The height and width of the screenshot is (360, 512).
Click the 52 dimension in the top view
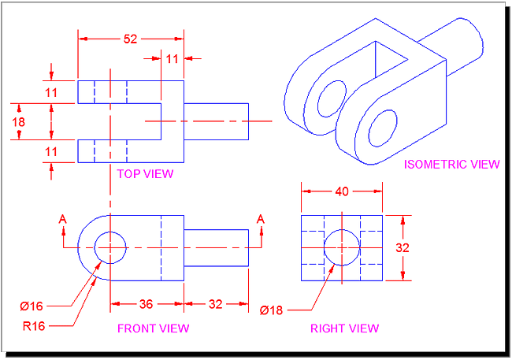[x=131, y=38]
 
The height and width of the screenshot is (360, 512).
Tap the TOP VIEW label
[x=145, y=173]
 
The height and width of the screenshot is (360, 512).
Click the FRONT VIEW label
[x=153, y=328]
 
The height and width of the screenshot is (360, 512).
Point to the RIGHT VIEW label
[x=344, y=328]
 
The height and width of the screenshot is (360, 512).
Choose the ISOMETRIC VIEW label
[x=451, y=164]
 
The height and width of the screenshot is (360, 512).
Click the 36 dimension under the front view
[x=147, y=303]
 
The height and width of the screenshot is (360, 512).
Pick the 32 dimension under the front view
[x=216, y=303]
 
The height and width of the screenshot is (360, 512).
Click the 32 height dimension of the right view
[x=403, y=247]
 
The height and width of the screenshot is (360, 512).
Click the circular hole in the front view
[x=110, y=247]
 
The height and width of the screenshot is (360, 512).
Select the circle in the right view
[x=342, y=247]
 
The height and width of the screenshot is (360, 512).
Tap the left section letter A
[x=63, y=219]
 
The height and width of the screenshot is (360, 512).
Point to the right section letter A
[x=261, y=219]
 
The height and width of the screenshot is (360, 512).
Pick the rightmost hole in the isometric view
[x=381, y=127]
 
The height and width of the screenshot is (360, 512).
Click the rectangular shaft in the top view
[x=216, y=121]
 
